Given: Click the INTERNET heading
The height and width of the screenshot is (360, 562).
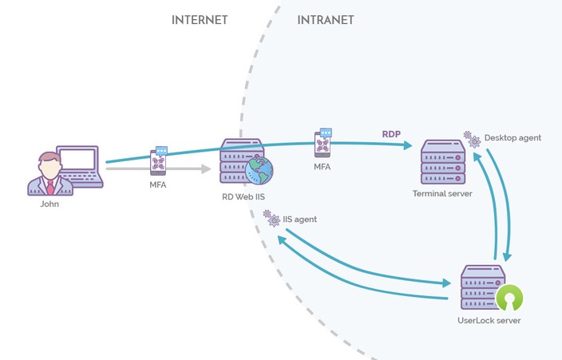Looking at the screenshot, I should click(x=200, y=20).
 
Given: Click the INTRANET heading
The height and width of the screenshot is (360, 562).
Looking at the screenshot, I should click(x=325, y=20).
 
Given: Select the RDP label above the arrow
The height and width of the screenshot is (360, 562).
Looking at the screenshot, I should click(x=391, y=134).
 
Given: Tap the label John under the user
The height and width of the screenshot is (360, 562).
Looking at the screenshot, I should click(x=49, y=204).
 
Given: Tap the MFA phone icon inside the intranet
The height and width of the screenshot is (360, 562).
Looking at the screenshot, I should click(x=323, y=142).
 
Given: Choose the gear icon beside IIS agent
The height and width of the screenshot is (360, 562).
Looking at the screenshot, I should click(x=270, y=217).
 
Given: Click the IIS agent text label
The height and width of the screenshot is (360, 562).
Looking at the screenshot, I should click(x=300, y=219).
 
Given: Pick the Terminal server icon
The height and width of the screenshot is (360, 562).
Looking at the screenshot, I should click(x=442, y=161).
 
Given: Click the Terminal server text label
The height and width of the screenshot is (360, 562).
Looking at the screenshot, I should click(x=442, y=194).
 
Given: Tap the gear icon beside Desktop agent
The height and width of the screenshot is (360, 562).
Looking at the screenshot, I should click(x=472, y=139).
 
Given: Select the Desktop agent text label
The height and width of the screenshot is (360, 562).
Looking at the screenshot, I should click(x=513, y=138).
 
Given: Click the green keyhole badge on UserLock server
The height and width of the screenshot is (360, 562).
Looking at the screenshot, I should click(x=509, y=299).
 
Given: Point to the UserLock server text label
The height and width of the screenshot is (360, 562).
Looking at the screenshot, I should click(x=489, y=321).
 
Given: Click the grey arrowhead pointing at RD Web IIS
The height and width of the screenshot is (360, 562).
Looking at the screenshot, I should click(x=206, y=168).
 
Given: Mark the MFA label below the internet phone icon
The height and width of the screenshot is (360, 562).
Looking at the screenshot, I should click(x=158, y=185).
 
